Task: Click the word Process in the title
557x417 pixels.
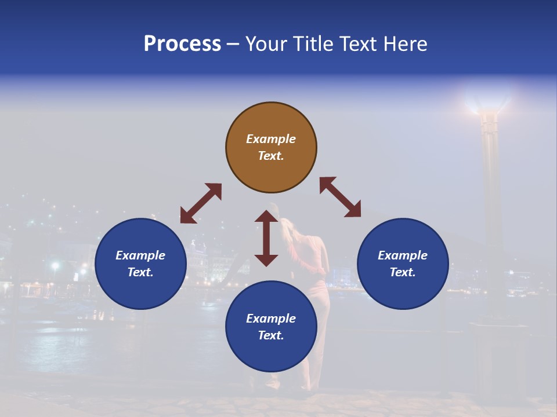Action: (x=182, y=44)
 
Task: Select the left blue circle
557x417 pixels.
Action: (x=140, y=290)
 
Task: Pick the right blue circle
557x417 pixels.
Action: (x=403, y=290)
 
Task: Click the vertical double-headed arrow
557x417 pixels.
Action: (x=266, y=238)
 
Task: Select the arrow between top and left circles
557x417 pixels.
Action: (x=201, y=203)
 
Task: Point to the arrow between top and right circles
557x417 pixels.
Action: (x=340, y=197)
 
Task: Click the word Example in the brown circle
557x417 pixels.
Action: (x=271, y=139)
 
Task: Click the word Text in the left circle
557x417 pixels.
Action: (x=140, y=272)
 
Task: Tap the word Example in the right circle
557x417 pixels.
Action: (x=403, y=255)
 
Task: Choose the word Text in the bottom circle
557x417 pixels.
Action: (x=271, y=335)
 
